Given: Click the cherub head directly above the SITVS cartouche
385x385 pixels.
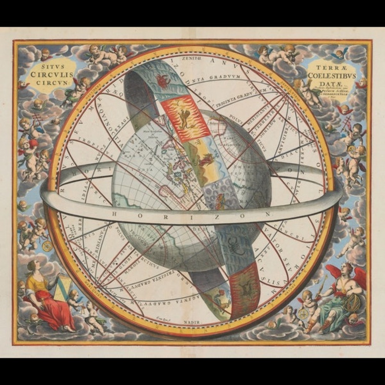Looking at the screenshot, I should [x=46, y=53].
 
